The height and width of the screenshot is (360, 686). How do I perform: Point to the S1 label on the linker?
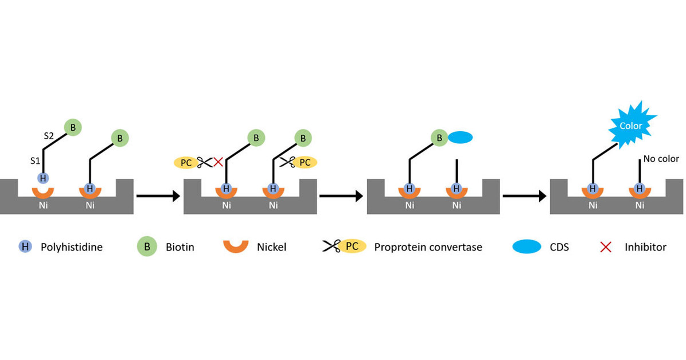(x=34, y=161)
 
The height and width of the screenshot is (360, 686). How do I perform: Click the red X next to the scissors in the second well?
(x=218, y=162)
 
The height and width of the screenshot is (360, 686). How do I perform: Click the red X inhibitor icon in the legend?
(x=605, y=247)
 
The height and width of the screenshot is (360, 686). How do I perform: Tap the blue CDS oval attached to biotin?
(x=459, y=138)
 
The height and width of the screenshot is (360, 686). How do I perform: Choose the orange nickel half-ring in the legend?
(x=236, y=246)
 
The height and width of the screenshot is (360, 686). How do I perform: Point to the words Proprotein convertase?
(x=428, y=248)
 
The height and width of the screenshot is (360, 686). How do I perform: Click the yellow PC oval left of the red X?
(x=185, y=162)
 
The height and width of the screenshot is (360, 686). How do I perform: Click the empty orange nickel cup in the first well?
(x=43, y=191)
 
